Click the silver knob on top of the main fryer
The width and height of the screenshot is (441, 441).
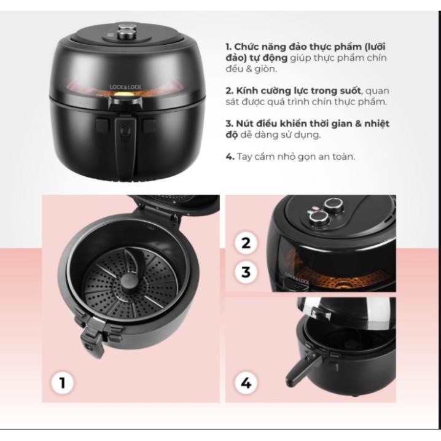126,32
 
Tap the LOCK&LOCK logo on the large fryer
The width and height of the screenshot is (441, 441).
125,87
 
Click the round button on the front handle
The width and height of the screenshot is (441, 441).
125,131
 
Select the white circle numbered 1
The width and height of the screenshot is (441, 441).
62,383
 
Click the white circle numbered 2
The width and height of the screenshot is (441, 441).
246,243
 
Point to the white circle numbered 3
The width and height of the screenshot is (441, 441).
246,272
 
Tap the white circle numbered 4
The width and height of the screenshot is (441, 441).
246,383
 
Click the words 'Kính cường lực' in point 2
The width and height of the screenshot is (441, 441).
271,91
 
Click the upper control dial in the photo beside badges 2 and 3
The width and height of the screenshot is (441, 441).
334,205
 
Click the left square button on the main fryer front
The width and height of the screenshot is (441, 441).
103,125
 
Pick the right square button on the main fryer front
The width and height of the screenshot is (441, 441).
148,125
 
